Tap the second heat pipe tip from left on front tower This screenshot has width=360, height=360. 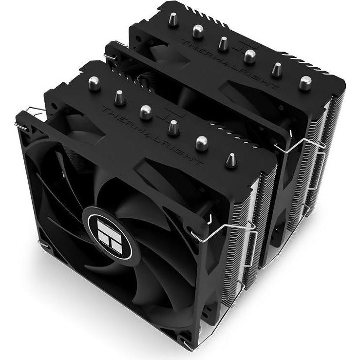pos(117,95)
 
